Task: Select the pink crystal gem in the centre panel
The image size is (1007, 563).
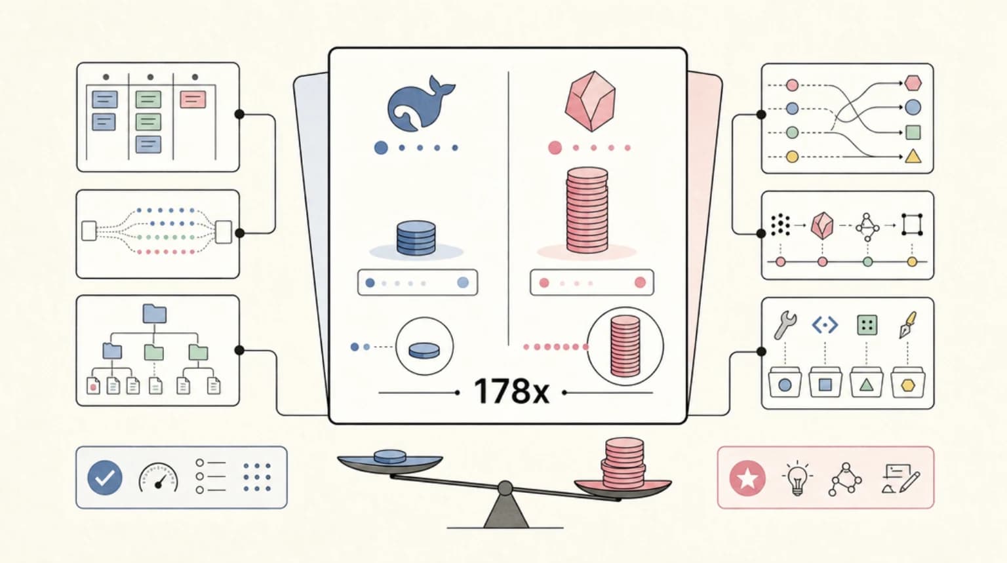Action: pyautogui.click(x=590, y=101)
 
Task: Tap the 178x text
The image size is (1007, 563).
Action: pyautogui.click(x=511, y=391)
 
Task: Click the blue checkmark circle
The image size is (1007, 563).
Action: pyautogui.click(x=105, y=478)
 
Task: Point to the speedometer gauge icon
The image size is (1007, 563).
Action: pyautogui.click(x=158, y=478)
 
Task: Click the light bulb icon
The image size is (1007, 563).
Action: pyautogui.click(x=797, y=478)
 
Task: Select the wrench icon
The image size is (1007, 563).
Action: pyautogui.click(x=785, y=325)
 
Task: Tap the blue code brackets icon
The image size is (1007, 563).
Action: pyautogui.click(x=825, y=325)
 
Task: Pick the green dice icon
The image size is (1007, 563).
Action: pyautogui.click(x=867, y=325)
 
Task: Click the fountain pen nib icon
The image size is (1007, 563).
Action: pyautogui.click(x=907, y=325)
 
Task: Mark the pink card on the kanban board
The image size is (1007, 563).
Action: pyautogui.click(x=193, y=100)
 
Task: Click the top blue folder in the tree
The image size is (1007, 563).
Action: pyautogui.click(x=155, y=314)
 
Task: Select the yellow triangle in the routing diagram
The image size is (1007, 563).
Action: pyautogui.click(x=913, y=156)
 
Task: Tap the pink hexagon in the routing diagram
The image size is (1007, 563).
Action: pyautogui.click(x=913, y=83)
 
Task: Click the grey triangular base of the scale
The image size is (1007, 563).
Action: pyautogui.click(x=505, y=511)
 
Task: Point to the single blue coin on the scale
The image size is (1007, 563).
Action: pyautogui.click(x=390, y=457)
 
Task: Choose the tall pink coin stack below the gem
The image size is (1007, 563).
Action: pyautogui.click(x=587, y=209)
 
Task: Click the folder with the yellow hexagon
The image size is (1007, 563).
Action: pyautogui.click(x=907, y=382)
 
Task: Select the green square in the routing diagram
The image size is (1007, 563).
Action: pyautogui.click(x=913, y=132)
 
